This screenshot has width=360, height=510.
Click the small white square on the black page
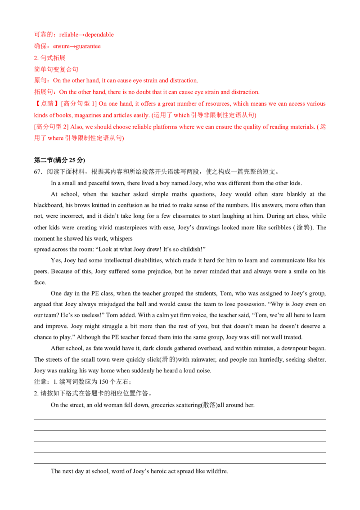point(135,239)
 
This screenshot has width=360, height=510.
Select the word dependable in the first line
point(102,35)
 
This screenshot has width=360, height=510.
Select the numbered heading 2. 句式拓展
point(50,58)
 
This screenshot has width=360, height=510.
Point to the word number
point(178,104)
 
